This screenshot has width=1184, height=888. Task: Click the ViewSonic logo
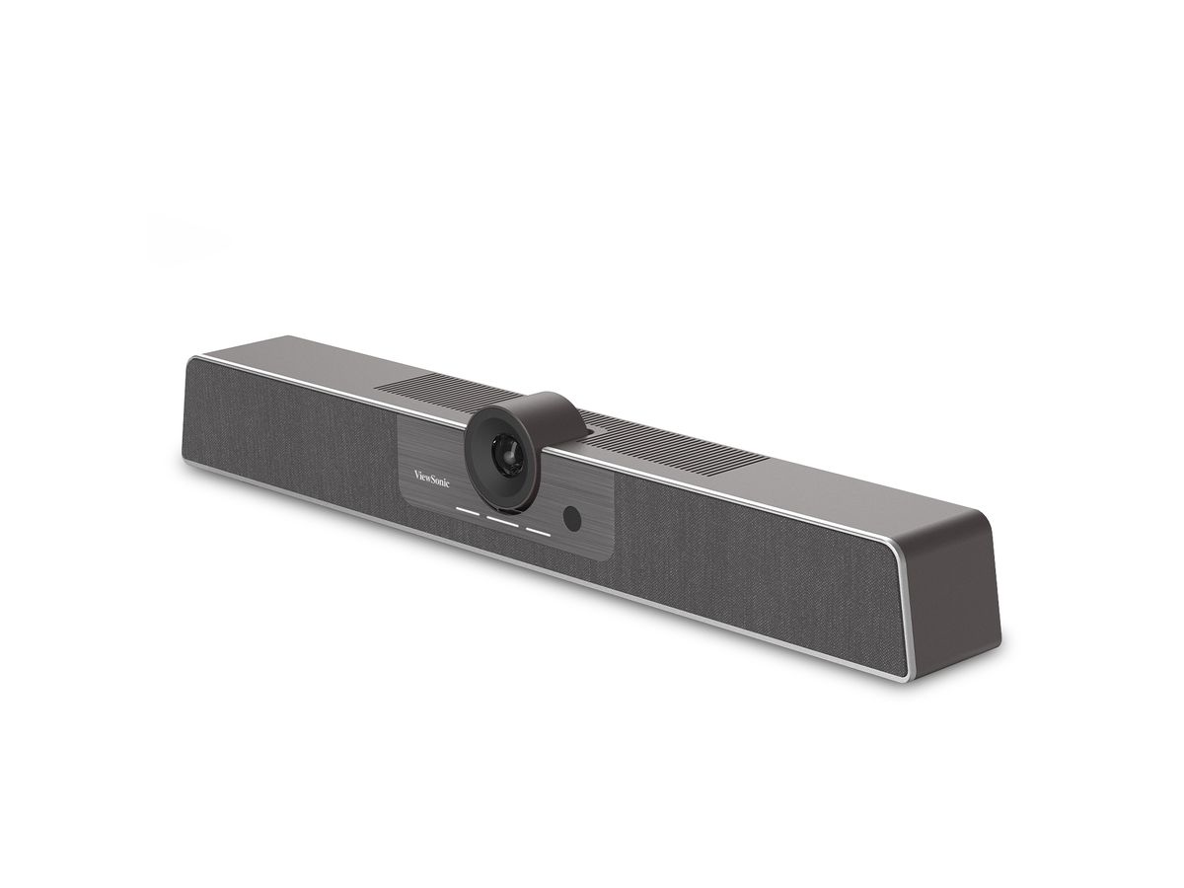[431, 479]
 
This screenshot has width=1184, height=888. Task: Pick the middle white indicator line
[502, 521]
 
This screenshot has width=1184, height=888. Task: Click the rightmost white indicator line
[538, 533]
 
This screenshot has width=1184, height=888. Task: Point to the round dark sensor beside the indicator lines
[572, 517]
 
